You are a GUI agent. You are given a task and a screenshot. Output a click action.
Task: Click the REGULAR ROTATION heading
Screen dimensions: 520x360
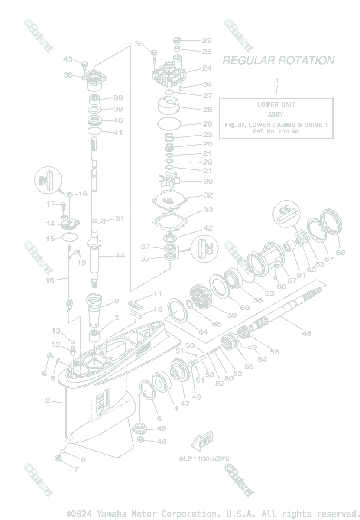click(x=278, y=60)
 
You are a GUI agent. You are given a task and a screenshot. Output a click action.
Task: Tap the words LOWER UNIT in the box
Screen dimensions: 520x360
click(x=276, y=104)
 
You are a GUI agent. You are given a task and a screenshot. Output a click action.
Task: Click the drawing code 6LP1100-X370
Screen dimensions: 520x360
click(x=204, y=458)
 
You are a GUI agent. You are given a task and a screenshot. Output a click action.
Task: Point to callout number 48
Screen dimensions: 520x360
click(x=307, y=333)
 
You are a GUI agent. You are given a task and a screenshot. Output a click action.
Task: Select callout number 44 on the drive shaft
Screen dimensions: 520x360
click(x=120, y=256)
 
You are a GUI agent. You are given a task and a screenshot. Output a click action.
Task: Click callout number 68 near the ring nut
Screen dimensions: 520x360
click(x=341, y=252)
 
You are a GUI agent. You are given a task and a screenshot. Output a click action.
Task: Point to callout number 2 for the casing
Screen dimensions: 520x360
click(x=48, y=400)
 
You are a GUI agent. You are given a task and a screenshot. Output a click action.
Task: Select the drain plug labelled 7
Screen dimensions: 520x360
click(x=58, y=458)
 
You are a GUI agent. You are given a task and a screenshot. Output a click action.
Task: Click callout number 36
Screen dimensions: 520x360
click(x=68, y=75)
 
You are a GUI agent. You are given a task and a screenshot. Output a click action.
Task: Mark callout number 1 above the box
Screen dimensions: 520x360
click(x=277, y=80)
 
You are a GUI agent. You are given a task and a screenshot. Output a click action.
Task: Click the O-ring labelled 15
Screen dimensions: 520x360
click(x=70, y=237)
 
